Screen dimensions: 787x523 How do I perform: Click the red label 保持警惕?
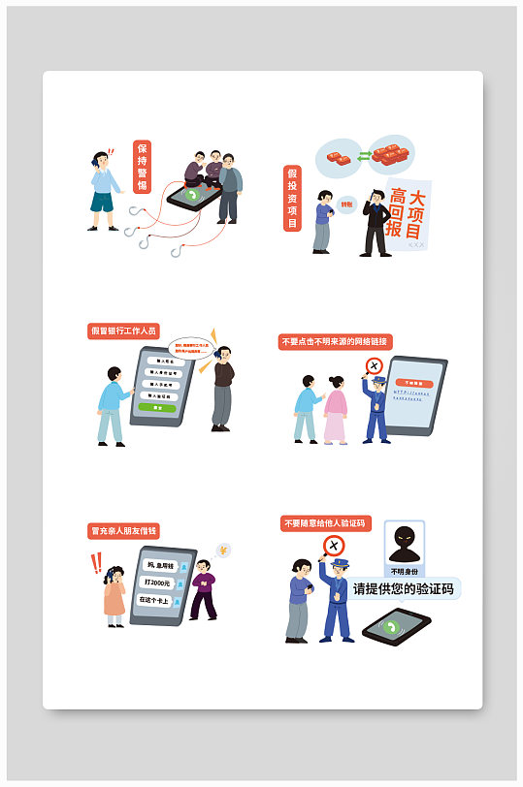[x=142, y=168]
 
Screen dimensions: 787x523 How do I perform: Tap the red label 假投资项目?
[x=291, y=199]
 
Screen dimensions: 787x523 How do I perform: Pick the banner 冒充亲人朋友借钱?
[x=123, y=530]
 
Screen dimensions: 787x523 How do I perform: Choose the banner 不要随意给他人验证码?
[x=326, y=523]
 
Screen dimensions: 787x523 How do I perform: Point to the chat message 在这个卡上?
[x=155, y=600]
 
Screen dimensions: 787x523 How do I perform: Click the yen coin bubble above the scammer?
[x=223, y=551]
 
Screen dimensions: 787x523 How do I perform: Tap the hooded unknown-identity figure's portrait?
[x=405, y=545]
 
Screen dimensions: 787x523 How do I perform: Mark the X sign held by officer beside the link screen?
[x=373, y=366]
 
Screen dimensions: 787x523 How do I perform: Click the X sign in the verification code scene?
[x=333, y=546]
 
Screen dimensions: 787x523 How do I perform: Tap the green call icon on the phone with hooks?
[x=194, y=196]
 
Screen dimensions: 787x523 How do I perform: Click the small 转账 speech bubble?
[x=347, y=205]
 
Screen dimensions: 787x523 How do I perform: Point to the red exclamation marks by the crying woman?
[x=95, y=563]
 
